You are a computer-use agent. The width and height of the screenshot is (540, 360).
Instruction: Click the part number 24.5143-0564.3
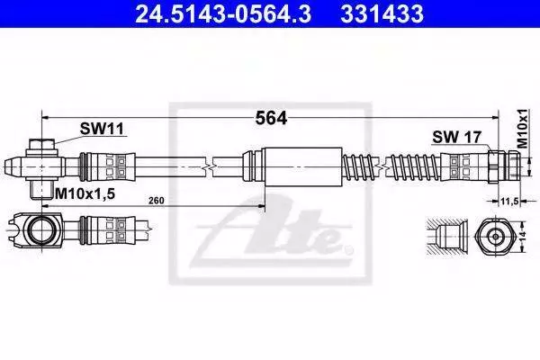(223, 13)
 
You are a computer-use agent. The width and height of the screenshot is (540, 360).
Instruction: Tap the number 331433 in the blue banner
(382, 13)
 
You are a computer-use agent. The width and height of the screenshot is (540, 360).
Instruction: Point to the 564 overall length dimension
(271, 119)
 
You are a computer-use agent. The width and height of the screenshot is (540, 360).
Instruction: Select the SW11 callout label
(102, 130)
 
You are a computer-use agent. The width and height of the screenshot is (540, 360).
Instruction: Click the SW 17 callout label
(456, 137)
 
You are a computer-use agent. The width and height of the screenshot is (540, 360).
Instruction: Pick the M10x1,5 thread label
(85, 194)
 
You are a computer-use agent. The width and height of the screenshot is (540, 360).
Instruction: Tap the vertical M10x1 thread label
(523, 129)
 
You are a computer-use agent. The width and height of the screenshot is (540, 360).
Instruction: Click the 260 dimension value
(157, 201)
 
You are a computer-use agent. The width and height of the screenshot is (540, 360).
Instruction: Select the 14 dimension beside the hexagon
(523, 236)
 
